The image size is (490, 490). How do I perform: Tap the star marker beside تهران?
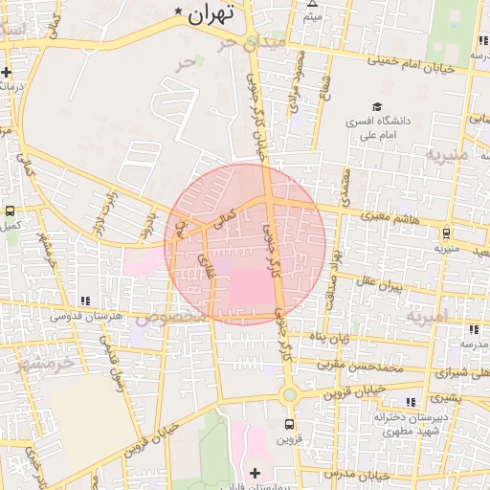178,11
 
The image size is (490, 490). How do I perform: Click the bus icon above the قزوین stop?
289,424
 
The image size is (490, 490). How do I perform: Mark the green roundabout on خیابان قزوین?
289,394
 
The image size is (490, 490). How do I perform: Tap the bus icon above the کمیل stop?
10,211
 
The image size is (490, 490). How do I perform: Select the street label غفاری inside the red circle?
207,265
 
